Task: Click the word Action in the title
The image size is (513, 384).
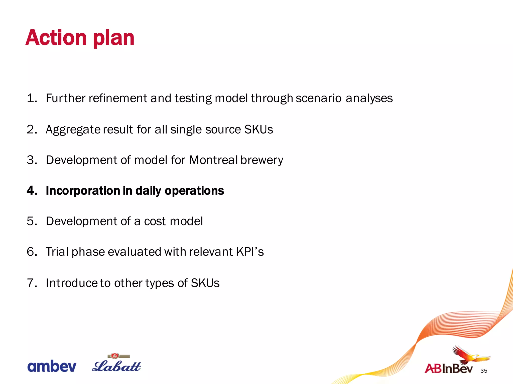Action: [x=56, y=38]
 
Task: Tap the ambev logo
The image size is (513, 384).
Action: [x=52, y=366]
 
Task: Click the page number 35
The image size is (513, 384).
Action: [x=484, y=371]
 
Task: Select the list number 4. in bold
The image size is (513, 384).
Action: [x=32, y=191]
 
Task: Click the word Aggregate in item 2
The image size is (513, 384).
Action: [x=73, y=130]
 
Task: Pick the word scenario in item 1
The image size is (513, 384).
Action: [x=318, y=98]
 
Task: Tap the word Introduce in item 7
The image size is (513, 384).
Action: [x=72, y=283]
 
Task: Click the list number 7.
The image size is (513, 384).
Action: [x=32, y=283]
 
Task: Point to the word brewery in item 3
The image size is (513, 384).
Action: [x=262, y=160]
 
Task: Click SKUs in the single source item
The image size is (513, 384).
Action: [x=258, y=129]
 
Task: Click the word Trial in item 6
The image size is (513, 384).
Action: [x=57, y=252]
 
